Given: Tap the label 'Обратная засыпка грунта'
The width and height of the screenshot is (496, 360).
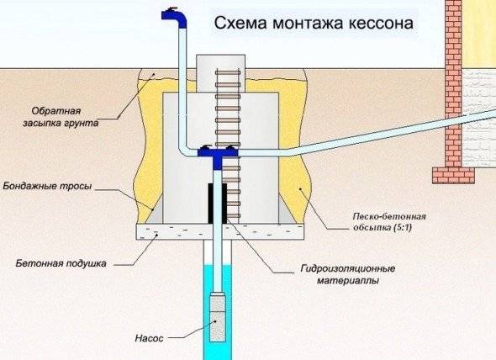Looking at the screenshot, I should pyautogui.click(x=64, y=117).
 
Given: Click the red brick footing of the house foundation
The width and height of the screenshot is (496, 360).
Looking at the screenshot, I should pyautogui.click(x=451, y=174).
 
